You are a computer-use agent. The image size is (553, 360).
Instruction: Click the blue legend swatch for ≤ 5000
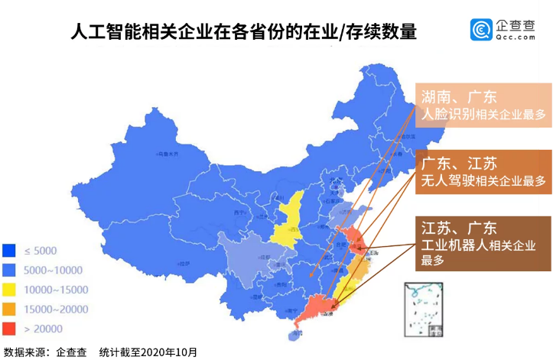10,250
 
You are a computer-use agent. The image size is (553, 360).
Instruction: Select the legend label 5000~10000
52,270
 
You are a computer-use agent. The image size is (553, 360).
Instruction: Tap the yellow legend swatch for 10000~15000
10,290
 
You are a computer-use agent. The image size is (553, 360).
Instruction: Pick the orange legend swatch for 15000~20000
10,310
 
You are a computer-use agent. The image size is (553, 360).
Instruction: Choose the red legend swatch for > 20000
10,329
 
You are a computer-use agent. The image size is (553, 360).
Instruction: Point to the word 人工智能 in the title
99,33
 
